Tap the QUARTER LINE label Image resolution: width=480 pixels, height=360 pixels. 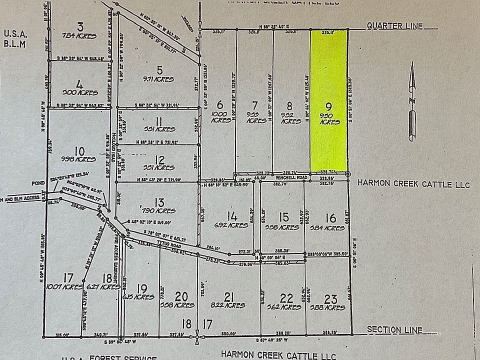(x=394, y=26)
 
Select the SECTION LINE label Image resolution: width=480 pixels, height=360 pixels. (x=394, y=329)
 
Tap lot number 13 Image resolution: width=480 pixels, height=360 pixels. (x=159, y=201)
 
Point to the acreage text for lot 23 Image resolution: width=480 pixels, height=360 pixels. (x=330, y=307)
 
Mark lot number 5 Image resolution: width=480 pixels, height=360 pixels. (x=159, y=69)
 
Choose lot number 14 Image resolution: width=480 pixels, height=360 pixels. (x=232, y=216)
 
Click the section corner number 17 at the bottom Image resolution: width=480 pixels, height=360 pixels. (x=207, y=324)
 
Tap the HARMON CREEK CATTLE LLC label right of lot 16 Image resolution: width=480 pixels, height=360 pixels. (x=413, y=184)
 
